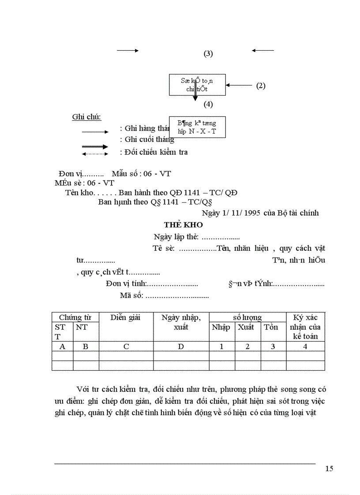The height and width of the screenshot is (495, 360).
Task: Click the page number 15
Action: [329, 469]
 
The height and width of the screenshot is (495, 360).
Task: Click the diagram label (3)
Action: [208, 54]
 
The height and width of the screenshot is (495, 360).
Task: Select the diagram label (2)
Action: [261, 86]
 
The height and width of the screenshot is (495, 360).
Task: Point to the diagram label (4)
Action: [208, 104]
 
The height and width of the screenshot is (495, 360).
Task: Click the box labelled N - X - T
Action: [197, 127]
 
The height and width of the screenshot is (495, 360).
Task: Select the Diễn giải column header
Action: [126, 317]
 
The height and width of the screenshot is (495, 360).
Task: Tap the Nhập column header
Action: [221, 327]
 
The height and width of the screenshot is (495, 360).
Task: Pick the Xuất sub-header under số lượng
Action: [246, 327]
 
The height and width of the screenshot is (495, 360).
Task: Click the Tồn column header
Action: [271, 327]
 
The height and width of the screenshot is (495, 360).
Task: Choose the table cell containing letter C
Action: [126, 346]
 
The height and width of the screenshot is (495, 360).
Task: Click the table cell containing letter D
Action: [181, 346]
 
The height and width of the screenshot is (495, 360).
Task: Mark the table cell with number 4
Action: [305, 346]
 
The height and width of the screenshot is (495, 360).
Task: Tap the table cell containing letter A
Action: [62, 346]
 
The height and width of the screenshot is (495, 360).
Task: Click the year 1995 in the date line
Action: [252, 213]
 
